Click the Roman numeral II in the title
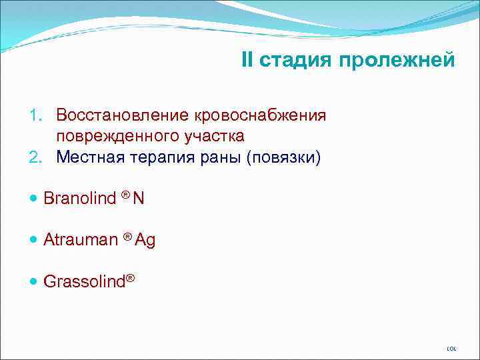[x=248, y=61]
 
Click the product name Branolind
[x=79, y=198]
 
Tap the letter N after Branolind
[x=139, y=198]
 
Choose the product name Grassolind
[x=85, y=282]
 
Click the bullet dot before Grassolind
[x=34, y=282]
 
